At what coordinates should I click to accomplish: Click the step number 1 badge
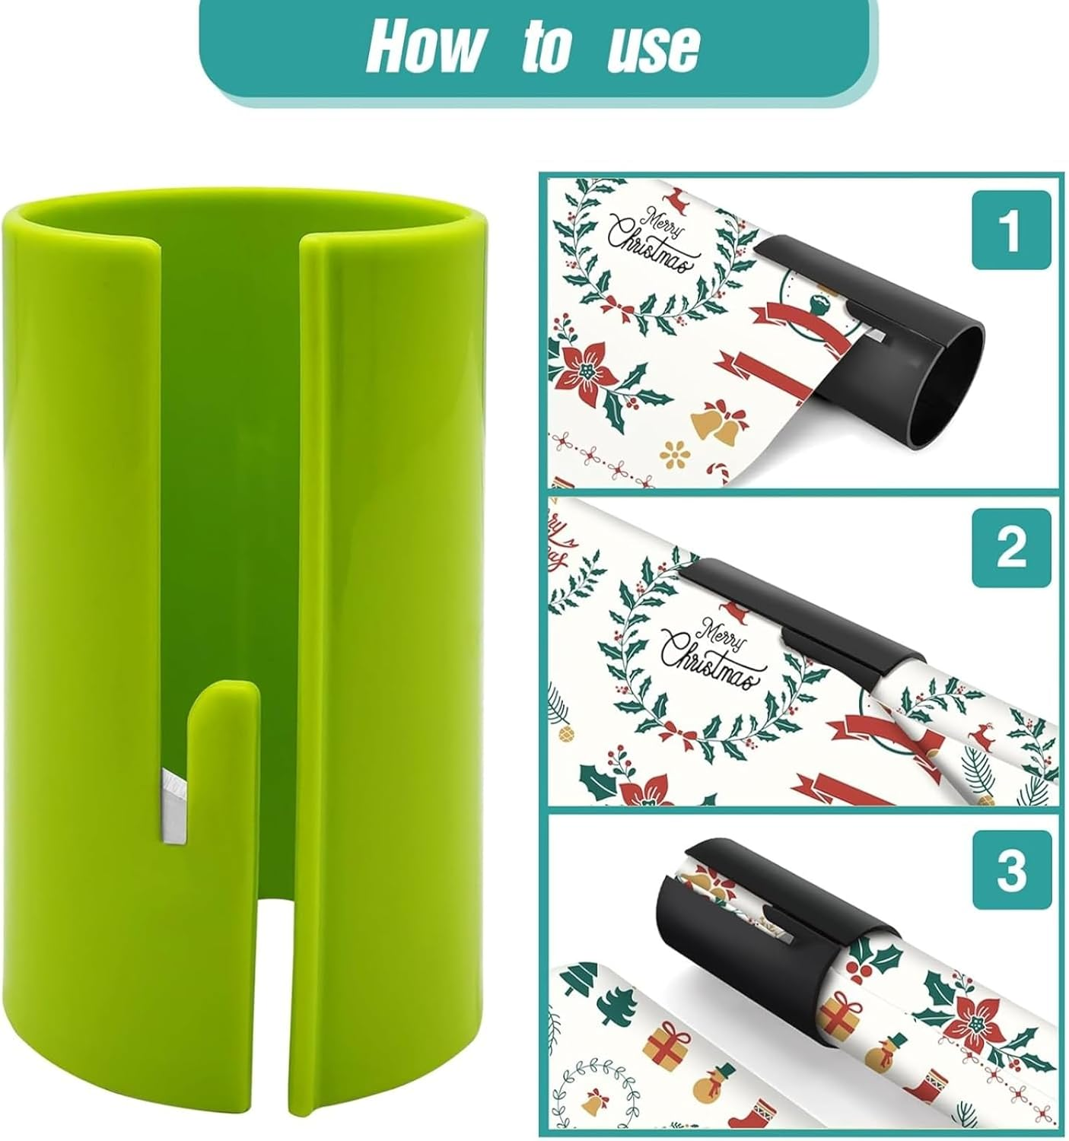tap(1011, 230)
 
